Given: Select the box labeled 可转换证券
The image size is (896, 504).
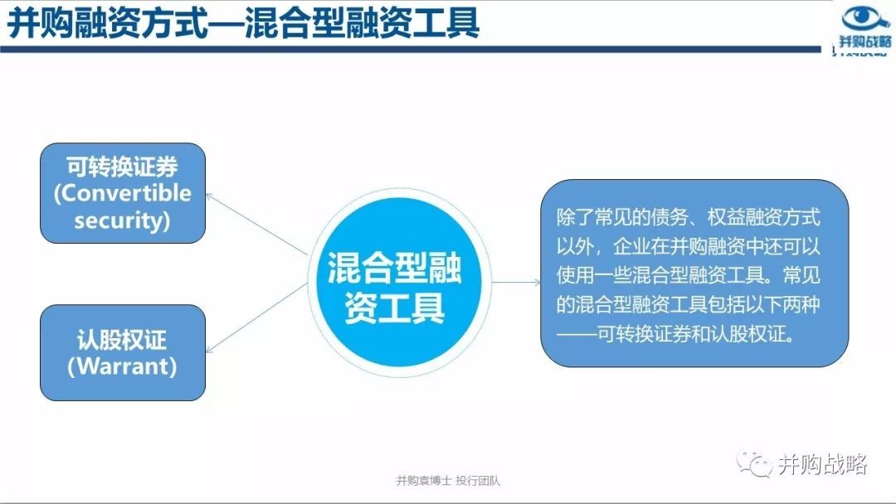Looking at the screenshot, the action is [x=122, y=193].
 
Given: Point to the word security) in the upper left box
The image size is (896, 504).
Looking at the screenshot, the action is [x=122, y=220].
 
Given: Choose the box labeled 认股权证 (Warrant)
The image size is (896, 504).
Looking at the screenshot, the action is [x=122, y=352].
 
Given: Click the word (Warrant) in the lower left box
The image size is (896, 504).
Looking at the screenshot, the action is [x=122, y=366].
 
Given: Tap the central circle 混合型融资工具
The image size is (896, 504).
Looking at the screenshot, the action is [x=399, y=282].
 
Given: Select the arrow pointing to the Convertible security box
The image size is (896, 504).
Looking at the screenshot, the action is [x=256, y=224].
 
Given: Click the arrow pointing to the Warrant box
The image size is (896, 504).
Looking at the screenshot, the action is [x=256, y=318].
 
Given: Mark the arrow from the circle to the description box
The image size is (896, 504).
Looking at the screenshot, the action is [x=516, y=282].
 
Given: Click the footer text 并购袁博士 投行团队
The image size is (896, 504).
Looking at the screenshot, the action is [x=448, y=481].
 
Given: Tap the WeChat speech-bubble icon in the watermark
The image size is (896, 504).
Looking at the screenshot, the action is [x=754, y=463].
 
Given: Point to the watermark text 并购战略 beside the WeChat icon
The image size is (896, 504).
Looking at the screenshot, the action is [x=823, y=464].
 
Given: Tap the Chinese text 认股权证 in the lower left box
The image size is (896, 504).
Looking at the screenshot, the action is [x=122, y=340].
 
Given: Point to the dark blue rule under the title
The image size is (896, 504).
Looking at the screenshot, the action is [x=411, y=50].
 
